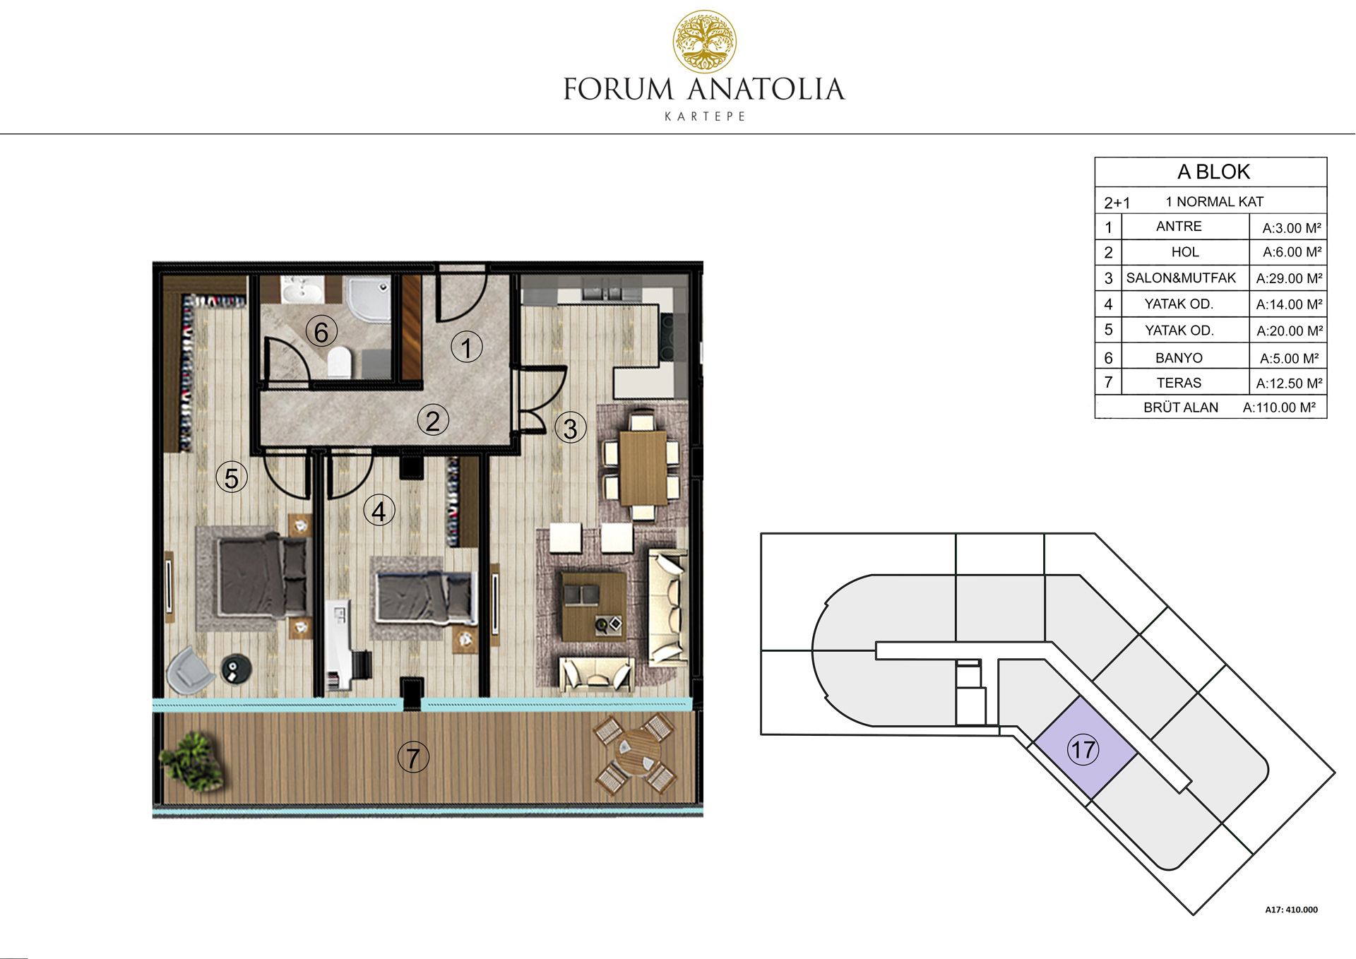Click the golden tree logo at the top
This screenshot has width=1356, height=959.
point(704,42)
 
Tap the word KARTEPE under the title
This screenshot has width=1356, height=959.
point(705,117)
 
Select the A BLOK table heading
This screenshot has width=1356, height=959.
point(1213,172)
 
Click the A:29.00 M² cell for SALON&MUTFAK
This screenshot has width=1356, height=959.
point(1289,278)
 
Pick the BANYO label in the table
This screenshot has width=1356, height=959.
point(1179,358)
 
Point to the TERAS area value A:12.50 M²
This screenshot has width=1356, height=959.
point(1289,383)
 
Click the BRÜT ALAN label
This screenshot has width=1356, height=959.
point(1181,407)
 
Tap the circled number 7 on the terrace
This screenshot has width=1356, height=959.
point(413,758)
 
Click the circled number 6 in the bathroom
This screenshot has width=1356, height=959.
point(321,331)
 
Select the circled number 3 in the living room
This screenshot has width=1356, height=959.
point(570,427)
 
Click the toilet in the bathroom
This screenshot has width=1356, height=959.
point(340,362)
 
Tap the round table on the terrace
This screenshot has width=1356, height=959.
point(634,755)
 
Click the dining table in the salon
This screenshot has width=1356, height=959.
point(643,467)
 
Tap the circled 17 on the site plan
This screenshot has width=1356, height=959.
point(1083,749)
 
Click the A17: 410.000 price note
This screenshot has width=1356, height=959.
point(1291,910)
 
